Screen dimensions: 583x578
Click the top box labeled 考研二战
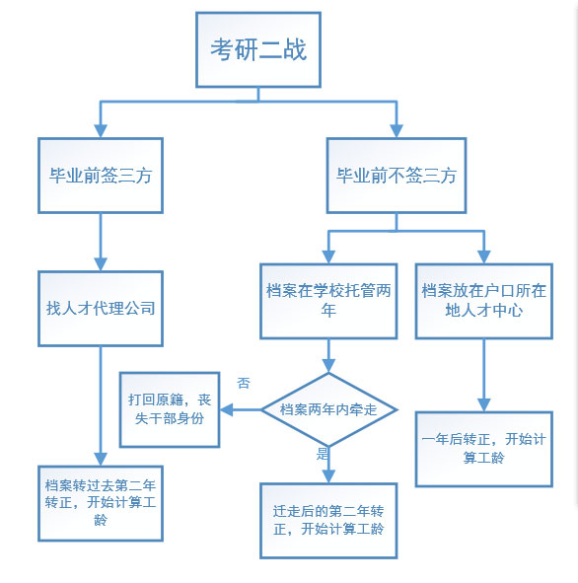[x=258, y=49]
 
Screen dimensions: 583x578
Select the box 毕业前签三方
[x=101, y=176]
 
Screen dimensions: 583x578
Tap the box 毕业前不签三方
[x=397, y=176]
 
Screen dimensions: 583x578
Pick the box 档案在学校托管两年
[x=328, y=300]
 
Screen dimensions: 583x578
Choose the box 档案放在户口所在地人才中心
[x=482, y=300]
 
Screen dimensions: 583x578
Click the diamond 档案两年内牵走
[x=329, y=408]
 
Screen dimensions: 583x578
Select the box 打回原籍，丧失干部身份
[x=170, y=408]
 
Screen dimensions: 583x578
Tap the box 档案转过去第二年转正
[x=101, y=501]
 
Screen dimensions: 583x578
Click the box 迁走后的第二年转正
[x=328, y=520]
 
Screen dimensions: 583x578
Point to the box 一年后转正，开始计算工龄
[x=482, y=448]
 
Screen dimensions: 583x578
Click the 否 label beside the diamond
[x=244, y=382]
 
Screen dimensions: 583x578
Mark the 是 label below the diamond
[x=321, y=455]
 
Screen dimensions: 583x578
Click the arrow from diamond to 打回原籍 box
[x=240, y=408]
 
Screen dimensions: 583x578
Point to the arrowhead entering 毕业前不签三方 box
[x=397, y=131]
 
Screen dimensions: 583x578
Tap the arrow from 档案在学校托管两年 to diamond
[x=329, y=355]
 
